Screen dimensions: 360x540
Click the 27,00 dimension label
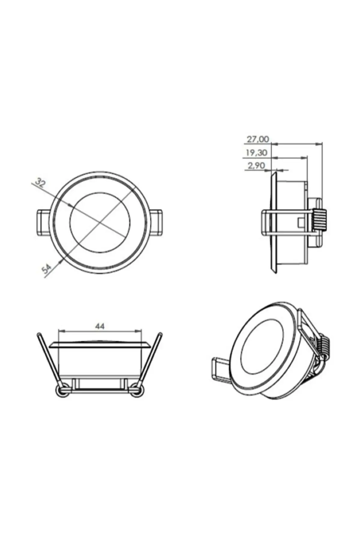258,139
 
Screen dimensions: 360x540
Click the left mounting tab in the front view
43,222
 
